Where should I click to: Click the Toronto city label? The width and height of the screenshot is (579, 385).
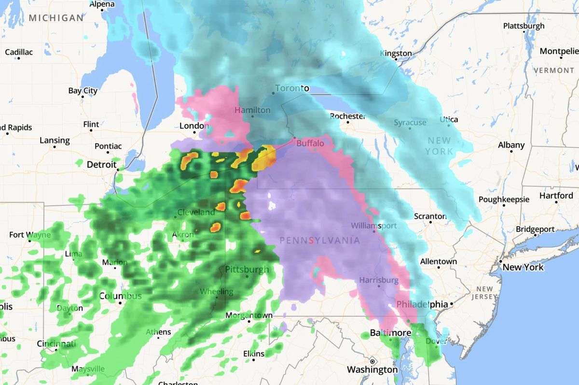click(291, 88)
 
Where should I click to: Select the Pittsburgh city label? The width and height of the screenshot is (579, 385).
click(247, 269)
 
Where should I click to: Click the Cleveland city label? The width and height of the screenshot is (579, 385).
click(196, 212)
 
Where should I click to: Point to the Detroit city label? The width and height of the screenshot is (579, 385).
click(101, 165)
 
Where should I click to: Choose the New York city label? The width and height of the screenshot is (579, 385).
click(523, 267)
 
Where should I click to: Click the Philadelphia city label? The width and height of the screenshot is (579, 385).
click(422, 304)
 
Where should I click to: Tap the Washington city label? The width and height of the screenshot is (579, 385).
click(372, 370)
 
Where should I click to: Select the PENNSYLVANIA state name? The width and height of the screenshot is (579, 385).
click(319, 240)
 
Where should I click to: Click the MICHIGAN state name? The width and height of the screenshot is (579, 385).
click(56, 18)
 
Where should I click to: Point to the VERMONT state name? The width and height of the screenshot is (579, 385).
click(553, 71)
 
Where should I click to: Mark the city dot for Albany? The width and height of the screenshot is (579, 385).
click(510, 152)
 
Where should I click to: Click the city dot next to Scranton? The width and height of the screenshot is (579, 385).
click(431, 223)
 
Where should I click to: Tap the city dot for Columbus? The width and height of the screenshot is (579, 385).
click(120, 303)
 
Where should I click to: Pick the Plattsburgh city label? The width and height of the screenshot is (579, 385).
click(524, 26)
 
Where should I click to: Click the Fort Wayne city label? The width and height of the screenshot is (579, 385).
click(29, 235)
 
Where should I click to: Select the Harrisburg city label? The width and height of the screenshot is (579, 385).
click(379, 280)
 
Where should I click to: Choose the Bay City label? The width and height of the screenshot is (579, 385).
click(83, 91)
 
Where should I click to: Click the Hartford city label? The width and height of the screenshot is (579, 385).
click(556, 196)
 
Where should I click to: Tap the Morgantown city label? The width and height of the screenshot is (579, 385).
click(249, 315)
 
